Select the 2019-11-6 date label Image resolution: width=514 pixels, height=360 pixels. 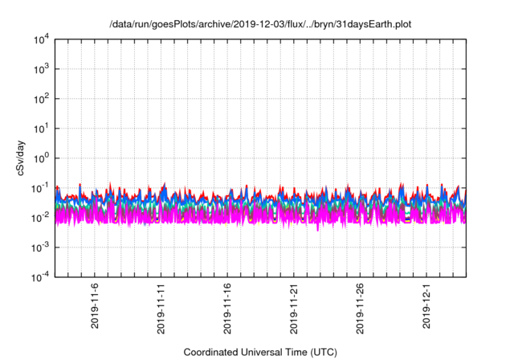tap(95, 305)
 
